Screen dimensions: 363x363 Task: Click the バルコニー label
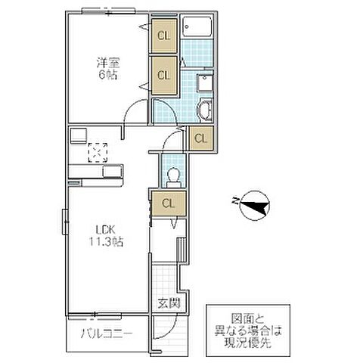pyautogui.click(x=105, y=334)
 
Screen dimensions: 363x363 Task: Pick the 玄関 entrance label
pyautogui.click(x=167, y=305)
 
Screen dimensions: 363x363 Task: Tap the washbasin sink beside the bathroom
pyautogui.click(x=204, y=83)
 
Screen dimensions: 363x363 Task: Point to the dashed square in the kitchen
pyautogui.click(x=98, y=153)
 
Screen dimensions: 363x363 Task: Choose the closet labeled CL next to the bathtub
pyautogui.click(x=163, y=36)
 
